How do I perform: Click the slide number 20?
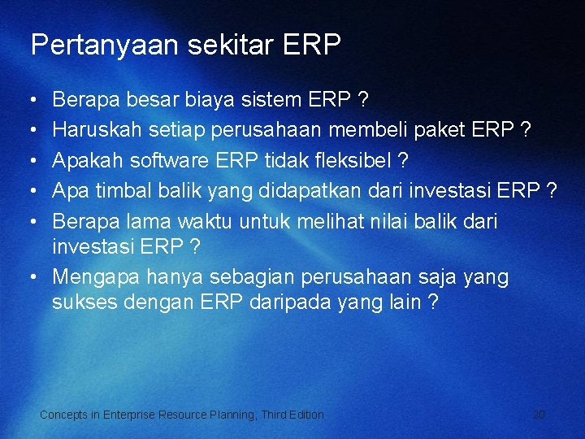(x=539, y=415)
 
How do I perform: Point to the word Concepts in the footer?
(x=64, y=415)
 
